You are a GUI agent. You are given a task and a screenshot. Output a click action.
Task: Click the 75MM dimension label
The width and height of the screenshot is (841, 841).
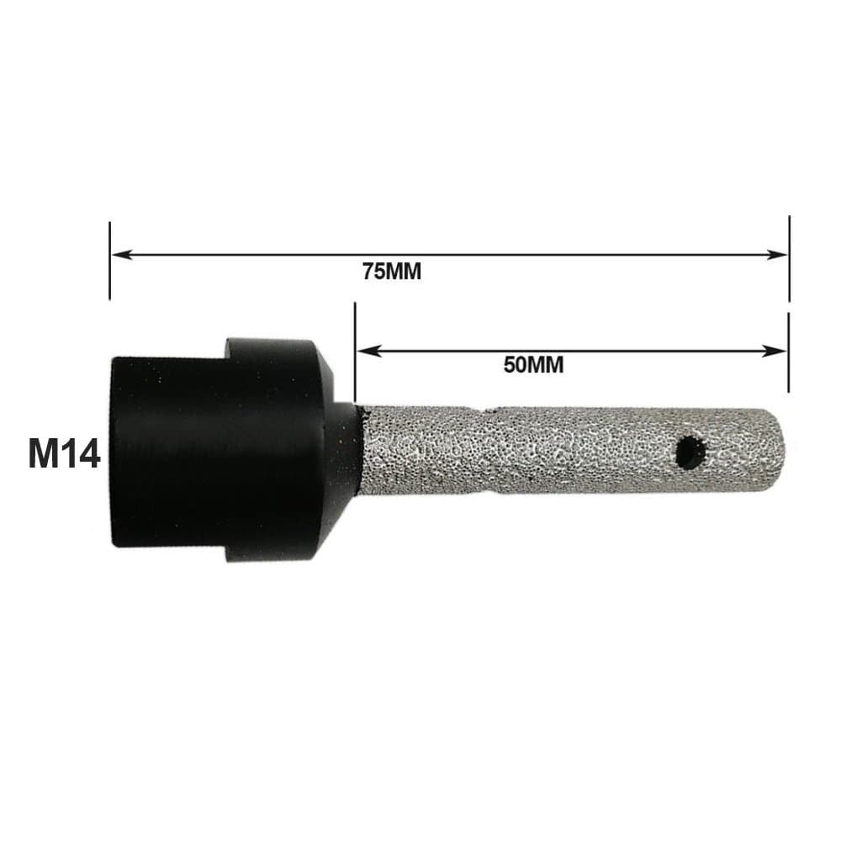pyautogui.click(x=392, y=272)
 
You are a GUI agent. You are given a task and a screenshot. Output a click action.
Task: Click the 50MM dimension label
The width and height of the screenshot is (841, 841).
pyautogui.click(x=534, y=365)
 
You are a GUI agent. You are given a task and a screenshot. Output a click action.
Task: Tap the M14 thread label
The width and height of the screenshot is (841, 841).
pyautogui.click(x=65, y=453)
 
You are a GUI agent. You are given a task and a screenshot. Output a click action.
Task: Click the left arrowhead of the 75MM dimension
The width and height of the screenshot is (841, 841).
pyautogui.click(x=121, y=254)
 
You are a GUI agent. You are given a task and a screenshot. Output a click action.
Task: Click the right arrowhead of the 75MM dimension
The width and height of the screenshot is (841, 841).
pyautogui.click(x=777, y=254)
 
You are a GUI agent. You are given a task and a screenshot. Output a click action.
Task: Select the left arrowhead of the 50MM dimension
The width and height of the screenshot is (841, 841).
pyautogui.click(x=368, y=352)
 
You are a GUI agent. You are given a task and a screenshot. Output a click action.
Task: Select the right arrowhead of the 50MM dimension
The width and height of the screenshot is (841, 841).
pyautogui.click(x=775, y=352)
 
